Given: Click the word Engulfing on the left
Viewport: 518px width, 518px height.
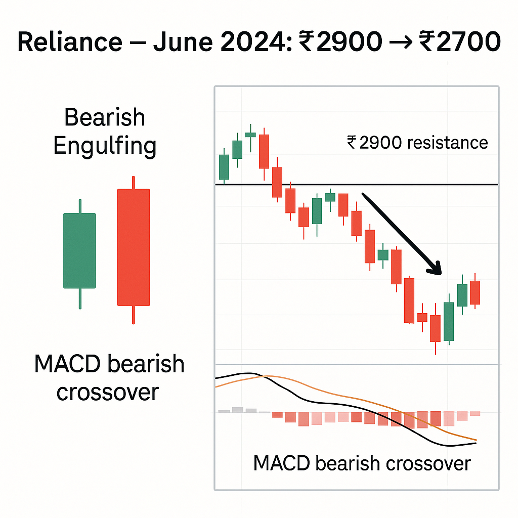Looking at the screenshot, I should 105,147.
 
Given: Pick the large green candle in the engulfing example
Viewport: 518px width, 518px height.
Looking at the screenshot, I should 79,250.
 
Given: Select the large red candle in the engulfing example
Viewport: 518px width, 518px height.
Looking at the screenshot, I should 134,247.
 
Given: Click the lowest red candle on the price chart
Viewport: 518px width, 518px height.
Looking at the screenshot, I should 435,328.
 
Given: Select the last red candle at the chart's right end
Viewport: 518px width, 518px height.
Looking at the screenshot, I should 474,292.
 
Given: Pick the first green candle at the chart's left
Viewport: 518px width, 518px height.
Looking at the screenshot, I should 224,166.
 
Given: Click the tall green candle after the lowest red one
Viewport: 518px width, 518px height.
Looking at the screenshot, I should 449,321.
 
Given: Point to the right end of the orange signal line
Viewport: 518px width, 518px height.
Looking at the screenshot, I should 476,440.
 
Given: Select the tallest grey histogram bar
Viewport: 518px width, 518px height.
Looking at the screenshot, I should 237,410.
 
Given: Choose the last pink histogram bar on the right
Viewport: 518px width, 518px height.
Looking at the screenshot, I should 475,414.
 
